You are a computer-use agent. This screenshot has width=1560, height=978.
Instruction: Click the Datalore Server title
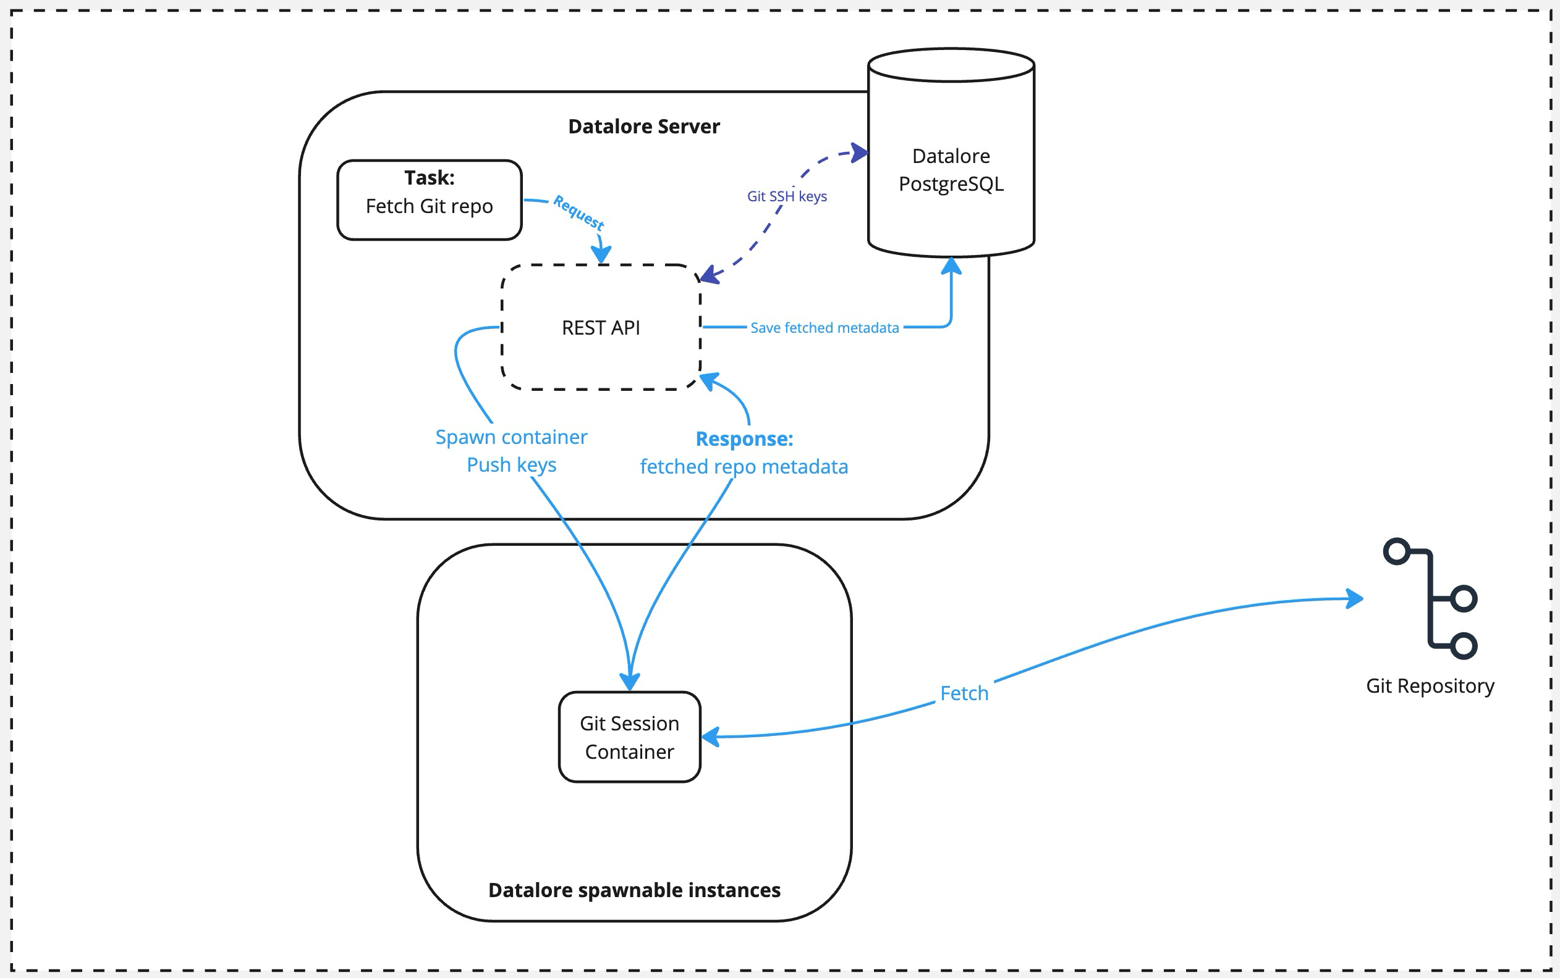[x=643, y=126]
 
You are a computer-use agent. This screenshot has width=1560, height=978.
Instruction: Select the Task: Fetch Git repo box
[x=429, y=199]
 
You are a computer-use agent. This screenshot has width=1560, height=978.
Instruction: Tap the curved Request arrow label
[x=578, y=212]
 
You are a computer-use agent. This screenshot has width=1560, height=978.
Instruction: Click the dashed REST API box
[x=601, y=327]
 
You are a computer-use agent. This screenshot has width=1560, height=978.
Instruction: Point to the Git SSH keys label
[x=786, y=196]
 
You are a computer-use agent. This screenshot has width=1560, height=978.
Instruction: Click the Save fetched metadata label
[x=824, y=328]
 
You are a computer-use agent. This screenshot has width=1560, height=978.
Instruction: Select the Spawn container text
[x=511, y=437]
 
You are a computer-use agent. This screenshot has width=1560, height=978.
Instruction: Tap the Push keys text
[x=511, y=464]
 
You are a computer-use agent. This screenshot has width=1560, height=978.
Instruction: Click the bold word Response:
[x=744, y=438]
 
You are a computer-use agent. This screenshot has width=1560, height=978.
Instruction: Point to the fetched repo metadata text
[x=744, y=466]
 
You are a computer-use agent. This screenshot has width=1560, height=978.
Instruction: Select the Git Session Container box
[x=629, y=737]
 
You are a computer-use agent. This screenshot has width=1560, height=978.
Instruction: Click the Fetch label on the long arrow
[x=964, y=693]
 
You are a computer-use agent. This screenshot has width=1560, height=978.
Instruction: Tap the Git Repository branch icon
[x=1431, y=598]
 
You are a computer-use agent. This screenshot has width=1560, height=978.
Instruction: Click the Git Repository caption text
[x=1430, y=685]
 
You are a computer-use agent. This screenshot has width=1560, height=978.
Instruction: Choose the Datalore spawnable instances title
[x=634, y=890]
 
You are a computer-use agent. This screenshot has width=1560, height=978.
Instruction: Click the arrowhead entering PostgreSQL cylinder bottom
[x=951, y=265]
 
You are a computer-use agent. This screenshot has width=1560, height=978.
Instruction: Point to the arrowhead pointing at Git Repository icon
[x=1355, y=598]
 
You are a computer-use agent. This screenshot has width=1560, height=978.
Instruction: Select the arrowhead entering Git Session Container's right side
[x=711, y=737]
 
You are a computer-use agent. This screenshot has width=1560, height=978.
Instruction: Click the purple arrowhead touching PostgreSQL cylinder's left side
[x=860, y=153]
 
